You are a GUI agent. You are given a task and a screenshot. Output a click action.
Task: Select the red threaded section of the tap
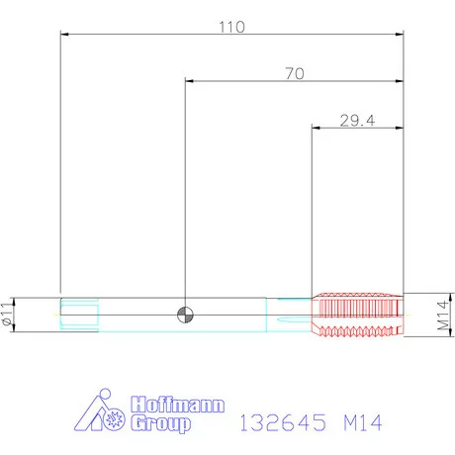(358, 315)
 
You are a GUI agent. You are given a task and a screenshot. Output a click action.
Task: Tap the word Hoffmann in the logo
(178, 406)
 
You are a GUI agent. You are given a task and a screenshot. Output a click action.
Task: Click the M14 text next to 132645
(357, 422)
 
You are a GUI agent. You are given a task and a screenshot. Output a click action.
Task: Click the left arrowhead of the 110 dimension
(64, 35)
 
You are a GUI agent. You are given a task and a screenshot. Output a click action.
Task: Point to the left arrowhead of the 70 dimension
(189, 81)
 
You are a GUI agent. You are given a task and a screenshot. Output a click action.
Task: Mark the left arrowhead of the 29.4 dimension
(317, 128)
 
